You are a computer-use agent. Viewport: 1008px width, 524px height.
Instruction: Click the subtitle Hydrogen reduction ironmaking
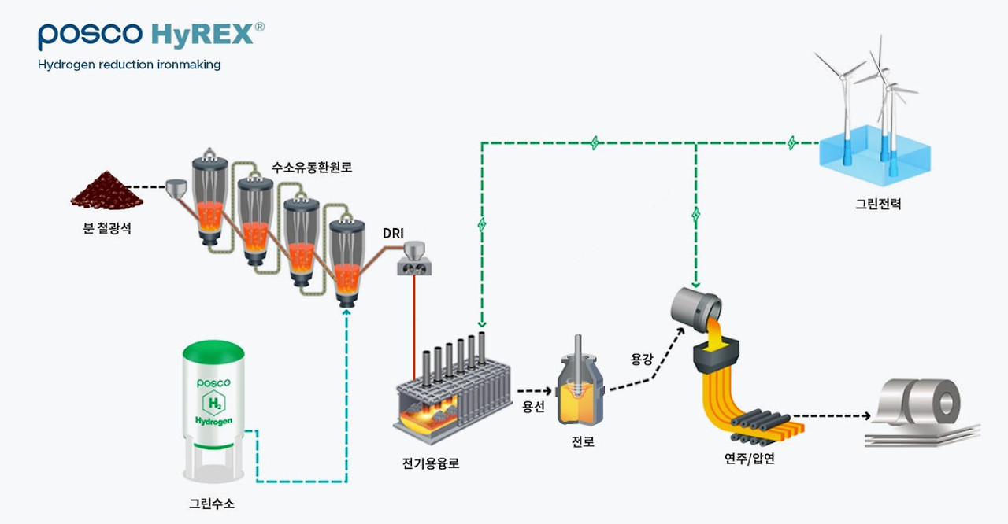pos(129,65)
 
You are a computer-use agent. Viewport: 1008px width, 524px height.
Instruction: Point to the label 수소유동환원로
pos(312,167)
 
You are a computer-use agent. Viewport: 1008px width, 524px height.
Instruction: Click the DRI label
pos(394,234)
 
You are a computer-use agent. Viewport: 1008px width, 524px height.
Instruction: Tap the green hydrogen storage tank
pos(213,409)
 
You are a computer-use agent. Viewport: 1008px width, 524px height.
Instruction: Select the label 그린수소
pos(212,503)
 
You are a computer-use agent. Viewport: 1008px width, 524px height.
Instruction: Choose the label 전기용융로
pos(431,463)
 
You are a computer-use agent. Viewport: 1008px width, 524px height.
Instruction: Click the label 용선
pos(533,407)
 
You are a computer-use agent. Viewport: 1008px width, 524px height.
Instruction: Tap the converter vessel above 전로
pos(580,389)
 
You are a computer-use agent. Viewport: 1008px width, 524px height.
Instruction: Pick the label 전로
pos(583,442)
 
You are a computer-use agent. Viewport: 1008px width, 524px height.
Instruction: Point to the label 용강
pos(642,359)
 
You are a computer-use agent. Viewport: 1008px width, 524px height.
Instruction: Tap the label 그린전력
pos(879,204)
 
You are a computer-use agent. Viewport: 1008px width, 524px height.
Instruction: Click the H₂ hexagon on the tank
pos(213,404)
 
